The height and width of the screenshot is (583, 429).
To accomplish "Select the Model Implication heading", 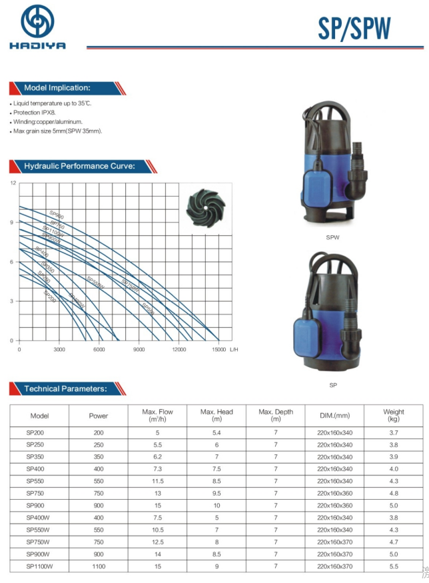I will click(57, 88).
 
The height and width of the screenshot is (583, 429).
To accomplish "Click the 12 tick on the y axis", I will click(12, 183).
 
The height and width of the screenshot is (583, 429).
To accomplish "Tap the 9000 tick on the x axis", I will click(139, 349).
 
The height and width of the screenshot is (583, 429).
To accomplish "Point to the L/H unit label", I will click(233, 349).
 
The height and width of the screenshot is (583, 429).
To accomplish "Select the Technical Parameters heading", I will click(65, 388).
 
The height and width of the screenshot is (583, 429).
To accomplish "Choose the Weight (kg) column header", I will click(394, 416).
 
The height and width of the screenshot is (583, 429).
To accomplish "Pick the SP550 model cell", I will click(35, 481).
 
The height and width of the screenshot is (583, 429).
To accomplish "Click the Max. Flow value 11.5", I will click(158, 481).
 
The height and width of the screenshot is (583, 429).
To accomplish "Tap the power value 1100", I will click(99, 566).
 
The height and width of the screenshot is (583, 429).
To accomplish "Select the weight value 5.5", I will click(394, 566).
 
